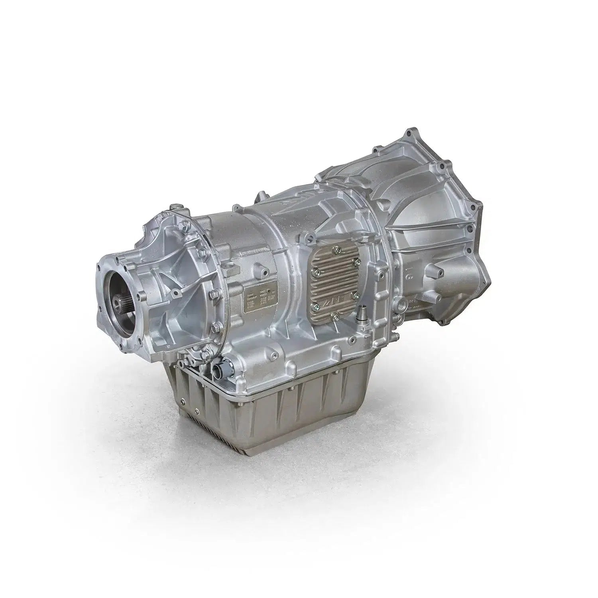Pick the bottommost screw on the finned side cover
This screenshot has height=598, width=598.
[336, 317]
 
